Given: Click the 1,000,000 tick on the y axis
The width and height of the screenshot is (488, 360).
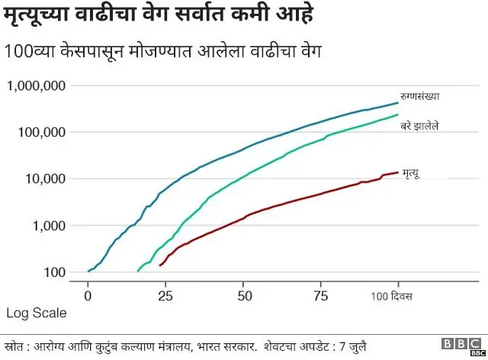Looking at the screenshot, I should pos(36,85).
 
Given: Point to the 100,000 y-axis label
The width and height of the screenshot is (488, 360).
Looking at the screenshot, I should pos(41,132).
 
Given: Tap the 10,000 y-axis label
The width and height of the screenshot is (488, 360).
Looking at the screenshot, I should pos(45,178).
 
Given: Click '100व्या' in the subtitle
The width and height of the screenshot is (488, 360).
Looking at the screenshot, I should pos(29,53).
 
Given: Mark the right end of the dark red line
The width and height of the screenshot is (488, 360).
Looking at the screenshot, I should pos(398,172).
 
